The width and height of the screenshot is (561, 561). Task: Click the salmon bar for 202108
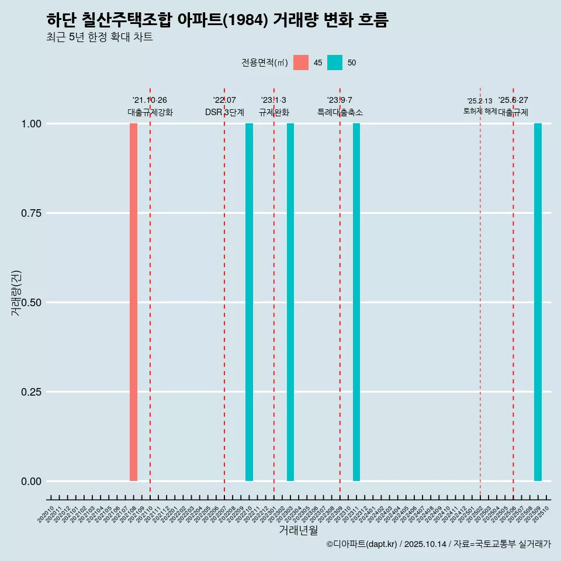(x=133, y=302)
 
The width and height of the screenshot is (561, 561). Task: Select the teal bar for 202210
(x=249, y=302)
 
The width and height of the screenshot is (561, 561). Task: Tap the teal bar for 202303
(x=290, y=302)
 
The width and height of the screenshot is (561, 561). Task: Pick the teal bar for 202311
(x=356, y=302)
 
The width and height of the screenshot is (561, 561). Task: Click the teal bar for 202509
(x=538, y=302)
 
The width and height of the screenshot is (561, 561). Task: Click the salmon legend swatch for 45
(x=301, y=63)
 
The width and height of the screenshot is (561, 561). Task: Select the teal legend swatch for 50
(x=335, y=63)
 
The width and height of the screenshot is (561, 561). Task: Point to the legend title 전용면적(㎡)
(x=265, y=63)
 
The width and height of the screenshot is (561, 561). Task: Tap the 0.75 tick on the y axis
(x=30, y=213)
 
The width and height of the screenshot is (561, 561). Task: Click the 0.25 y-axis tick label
(x=30, y=392)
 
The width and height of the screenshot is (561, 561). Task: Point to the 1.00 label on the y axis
(x=30, y=124)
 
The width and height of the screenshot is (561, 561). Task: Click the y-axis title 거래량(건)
(x=16, y=293)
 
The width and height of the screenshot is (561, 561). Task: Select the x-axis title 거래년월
(x=298, y=531)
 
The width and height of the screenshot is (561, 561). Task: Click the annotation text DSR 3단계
(x=224, y=112)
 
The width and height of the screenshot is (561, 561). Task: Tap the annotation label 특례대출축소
(x=340, y=112)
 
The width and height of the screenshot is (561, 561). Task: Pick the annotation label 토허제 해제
(x=480, y=111)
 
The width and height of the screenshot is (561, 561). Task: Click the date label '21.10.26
(x=150, y=101)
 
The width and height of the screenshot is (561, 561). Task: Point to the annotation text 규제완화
(x=274, y=112)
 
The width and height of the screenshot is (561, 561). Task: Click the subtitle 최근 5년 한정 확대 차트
(x=99, y=37)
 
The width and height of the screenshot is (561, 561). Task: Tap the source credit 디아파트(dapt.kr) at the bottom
(x=362, y=545)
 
